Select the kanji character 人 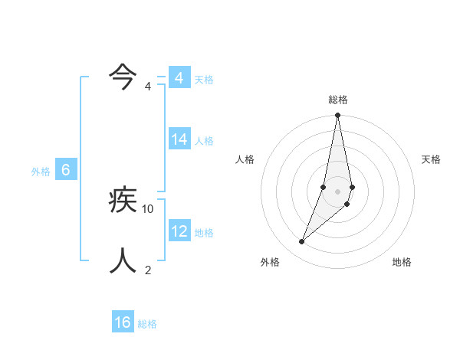click(123, 261)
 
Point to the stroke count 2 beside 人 click(149, 270)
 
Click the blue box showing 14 click(179, 139)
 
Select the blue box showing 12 click(179, 231)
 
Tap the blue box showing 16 click(123, 322)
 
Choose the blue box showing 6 click(66, 170)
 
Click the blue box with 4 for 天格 click(179, 78)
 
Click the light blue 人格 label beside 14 click(205, 141)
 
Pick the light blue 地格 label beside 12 click(205, 233)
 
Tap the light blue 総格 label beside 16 click(147, 324)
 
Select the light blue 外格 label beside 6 click(41, 172)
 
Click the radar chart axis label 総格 click(338, 100)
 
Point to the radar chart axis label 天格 click(432, 159)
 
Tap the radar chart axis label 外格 click(270, 262)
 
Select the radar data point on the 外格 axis click(302, 242)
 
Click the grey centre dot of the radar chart click(338, 191)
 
